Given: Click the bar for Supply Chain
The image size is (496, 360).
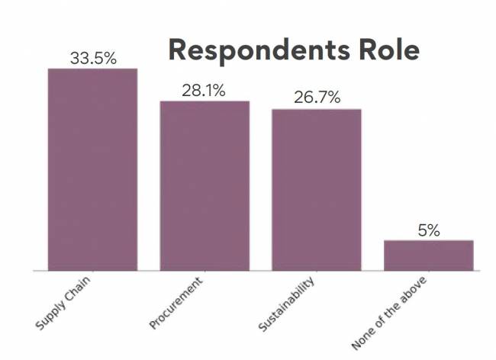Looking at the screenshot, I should [92, 169].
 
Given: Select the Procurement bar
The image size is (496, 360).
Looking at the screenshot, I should [205, 185].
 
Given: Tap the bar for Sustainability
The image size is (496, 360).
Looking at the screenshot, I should [316, 189].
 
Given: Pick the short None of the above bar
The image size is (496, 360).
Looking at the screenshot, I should [428, 255].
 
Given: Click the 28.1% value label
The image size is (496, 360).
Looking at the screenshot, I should [204, 91].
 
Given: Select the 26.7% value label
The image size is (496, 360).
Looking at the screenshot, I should [316, 98].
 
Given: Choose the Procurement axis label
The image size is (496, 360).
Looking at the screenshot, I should [177, 304].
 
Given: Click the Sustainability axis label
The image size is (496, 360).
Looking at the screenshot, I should [287, 306].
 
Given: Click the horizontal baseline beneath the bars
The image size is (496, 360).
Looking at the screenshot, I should [256, 271].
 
